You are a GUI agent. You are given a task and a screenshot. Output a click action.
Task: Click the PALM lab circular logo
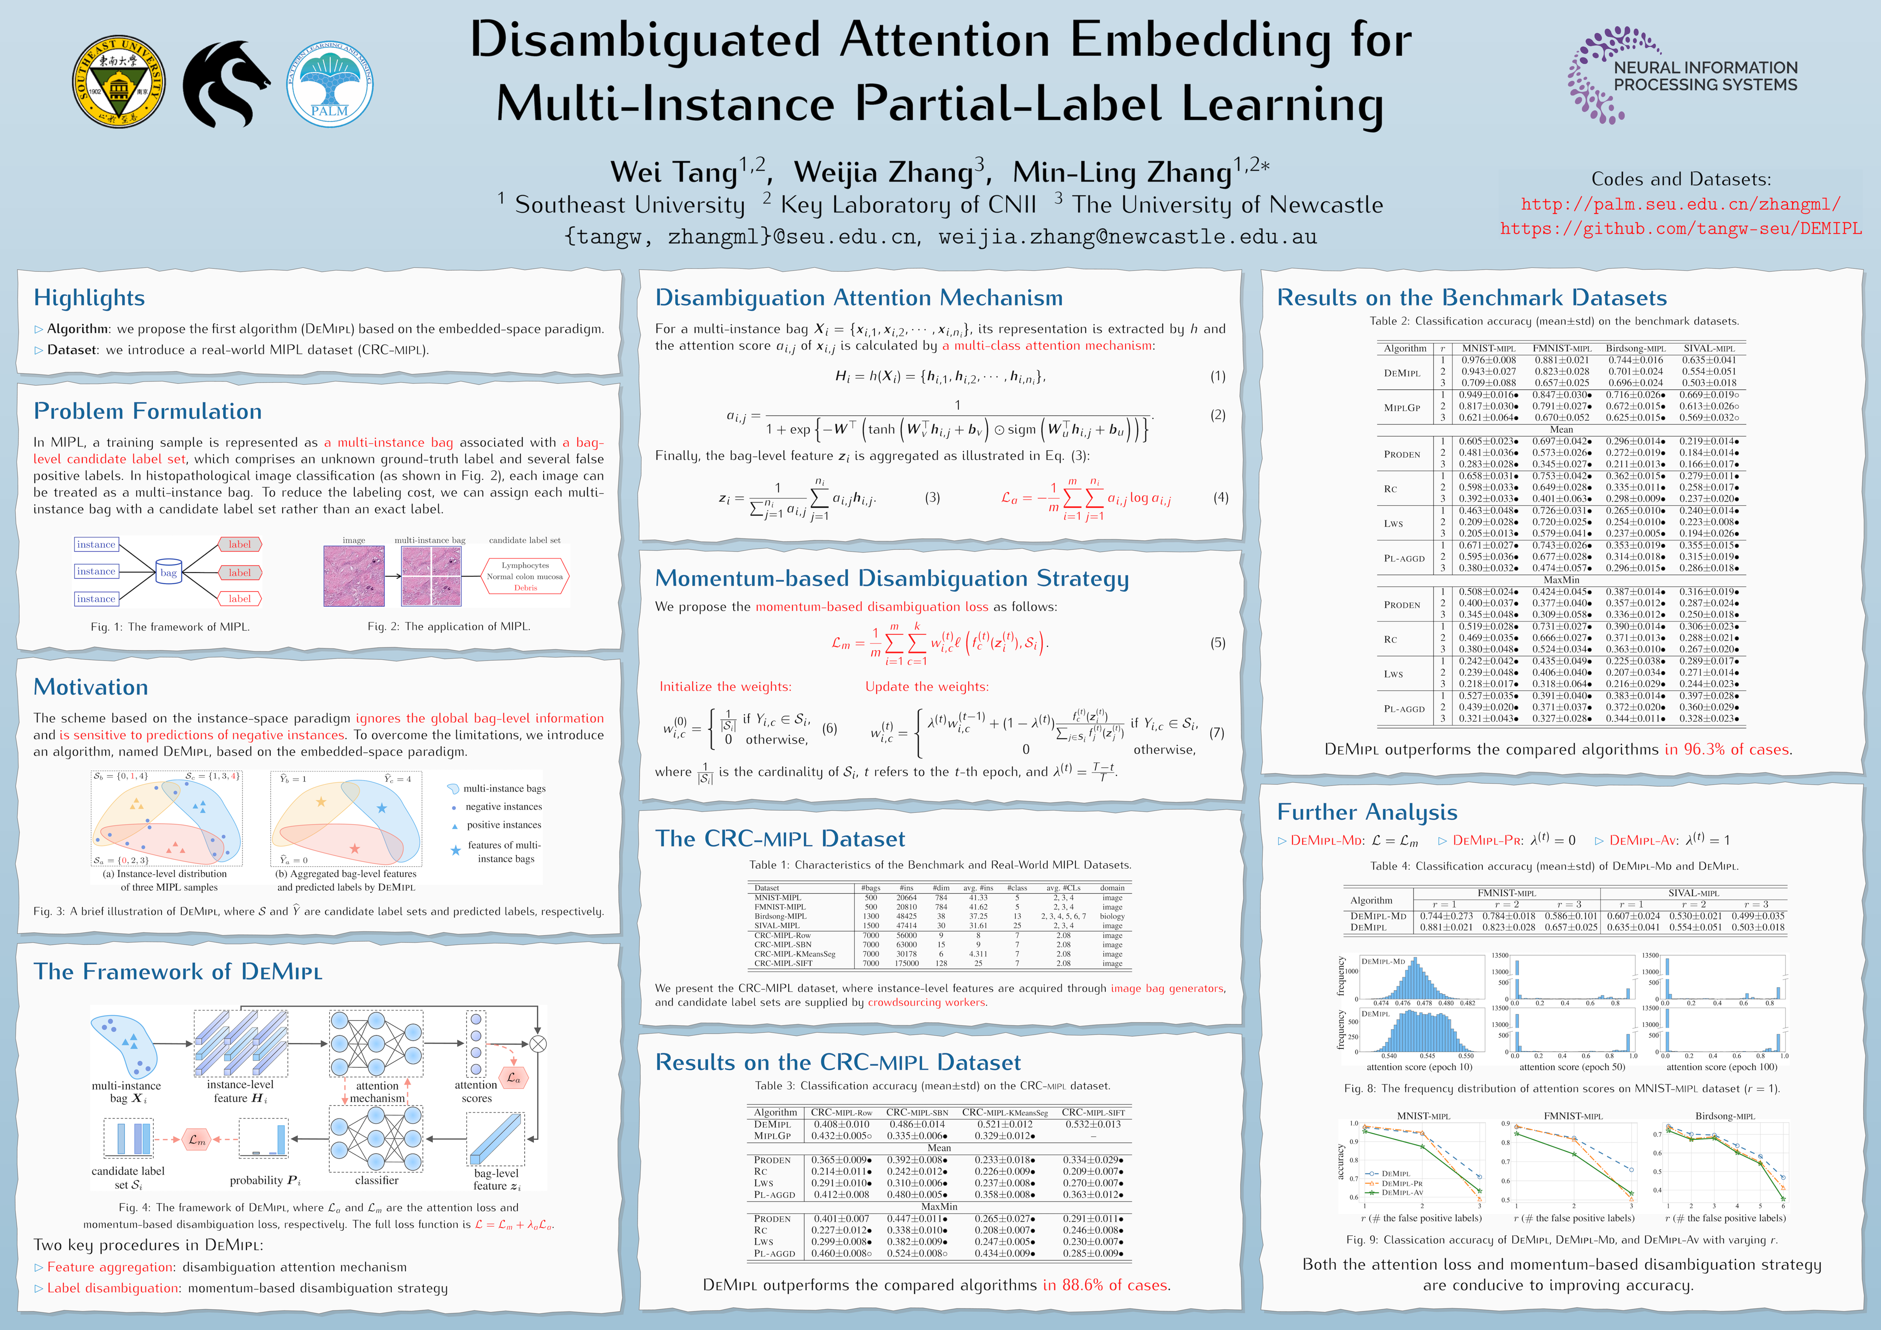[x=329, y=84]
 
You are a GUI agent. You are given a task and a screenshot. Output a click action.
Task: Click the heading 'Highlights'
[x=89, y=298]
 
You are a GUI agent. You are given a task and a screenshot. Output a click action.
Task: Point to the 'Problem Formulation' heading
[x=147, y=411]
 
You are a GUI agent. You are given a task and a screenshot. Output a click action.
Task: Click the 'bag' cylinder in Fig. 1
[x=168, y=573]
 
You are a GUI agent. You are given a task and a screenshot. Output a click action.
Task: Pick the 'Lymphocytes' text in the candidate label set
[x=525, y=565]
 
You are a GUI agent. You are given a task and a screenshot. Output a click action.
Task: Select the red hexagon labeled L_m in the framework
[x=197, y=1139]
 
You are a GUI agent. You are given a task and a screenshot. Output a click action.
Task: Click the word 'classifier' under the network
[x=377, y=1180]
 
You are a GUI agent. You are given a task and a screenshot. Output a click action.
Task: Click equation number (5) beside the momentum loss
[x=1217, y=643]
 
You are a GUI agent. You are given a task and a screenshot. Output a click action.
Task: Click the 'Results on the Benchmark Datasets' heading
[x=1471, y=298]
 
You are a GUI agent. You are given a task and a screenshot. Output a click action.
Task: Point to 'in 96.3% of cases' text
[x=1727, y=750]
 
